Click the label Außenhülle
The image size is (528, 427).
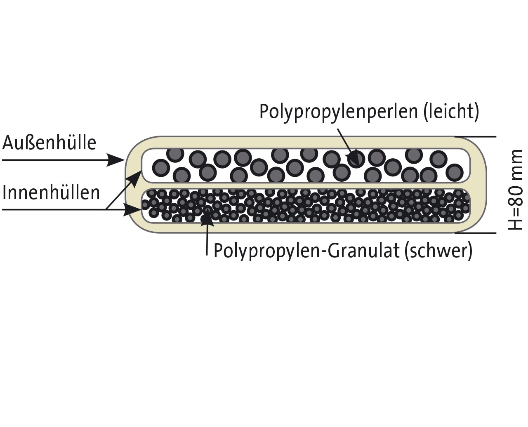49,143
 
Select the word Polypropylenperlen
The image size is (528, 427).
339,113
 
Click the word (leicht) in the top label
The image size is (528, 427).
451,112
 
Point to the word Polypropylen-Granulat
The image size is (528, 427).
306,251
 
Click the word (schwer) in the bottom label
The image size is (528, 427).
438,251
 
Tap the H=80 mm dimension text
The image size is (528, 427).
516,190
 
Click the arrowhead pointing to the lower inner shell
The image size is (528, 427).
132,210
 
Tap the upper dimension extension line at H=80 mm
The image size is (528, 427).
476,137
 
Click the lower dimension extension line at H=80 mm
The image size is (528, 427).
476,233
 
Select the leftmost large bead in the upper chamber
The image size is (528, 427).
161,168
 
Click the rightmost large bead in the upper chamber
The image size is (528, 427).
455,172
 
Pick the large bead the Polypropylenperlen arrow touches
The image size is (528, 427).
356,159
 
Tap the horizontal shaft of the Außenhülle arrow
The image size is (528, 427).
55,160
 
